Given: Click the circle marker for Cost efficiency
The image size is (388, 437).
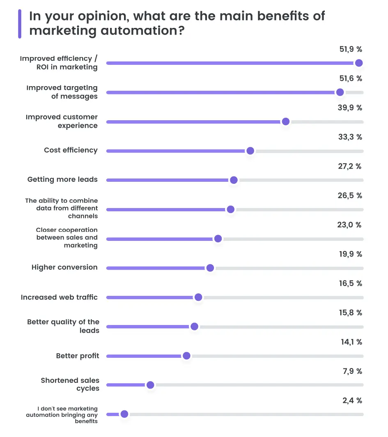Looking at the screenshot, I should click(250, 151).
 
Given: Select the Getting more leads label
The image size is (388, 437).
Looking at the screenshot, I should click(62, 179).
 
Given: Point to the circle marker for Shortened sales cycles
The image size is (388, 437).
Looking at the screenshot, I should click(150, 385).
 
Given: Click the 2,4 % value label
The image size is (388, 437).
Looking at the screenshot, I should click(352, 400).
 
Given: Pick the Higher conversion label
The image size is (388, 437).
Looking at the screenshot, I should click(64, 267).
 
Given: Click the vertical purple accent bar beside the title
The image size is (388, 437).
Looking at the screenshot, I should click(20, 24).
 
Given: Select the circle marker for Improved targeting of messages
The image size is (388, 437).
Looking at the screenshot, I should click(340, 92).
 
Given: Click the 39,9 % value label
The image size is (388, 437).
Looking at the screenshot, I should click(350, 108).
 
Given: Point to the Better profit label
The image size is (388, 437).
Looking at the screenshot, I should click(78, 356).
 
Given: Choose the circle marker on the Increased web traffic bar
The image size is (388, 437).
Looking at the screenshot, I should click(198, 297).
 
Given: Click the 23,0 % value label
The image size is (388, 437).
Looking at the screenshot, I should click(350, 225).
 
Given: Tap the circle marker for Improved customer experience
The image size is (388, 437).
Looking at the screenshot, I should click(286, 121).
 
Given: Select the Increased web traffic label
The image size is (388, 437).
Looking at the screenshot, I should click(59, 297).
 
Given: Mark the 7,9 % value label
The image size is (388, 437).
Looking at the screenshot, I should click(352, 371).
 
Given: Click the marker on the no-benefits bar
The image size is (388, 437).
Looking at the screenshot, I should click(124, 414).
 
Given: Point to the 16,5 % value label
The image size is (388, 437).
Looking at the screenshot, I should click(350, 284).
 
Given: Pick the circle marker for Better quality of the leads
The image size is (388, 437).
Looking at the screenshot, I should click(194, 327).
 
